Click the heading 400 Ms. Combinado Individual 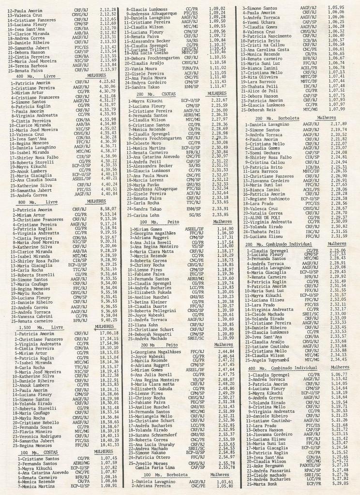click(x=279, y=368)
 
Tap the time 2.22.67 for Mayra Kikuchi click(x=219, y=100)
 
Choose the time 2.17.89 click(x=338, y=124)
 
